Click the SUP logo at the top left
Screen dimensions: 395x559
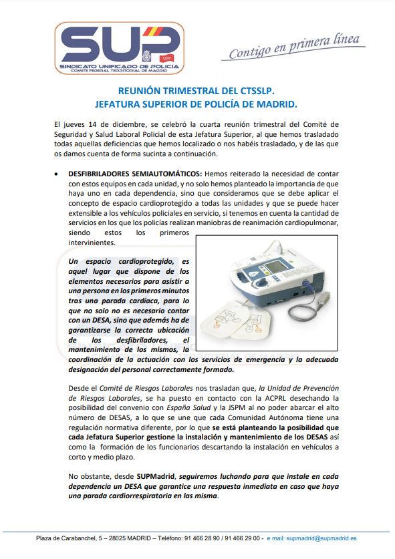tap(119, 48)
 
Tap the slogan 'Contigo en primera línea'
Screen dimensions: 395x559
tap(294, 46)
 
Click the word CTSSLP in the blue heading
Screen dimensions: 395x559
tap(257, 91)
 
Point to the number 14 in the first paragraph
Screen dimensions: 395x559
tap(92, 124)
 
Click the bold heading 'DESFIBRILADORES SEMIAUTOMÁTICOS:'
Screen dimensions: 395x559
tap(135, 174)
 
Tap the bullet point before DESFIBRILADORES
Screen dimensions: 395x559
tap(56, 174)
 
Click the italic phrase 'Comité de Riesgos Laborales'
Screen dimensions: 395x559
tap(146, 388)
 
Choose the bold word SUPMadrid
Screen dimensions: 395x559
tap(156, 477)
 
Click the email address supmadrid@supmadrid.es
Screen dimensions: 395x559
tap(321, 538)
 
